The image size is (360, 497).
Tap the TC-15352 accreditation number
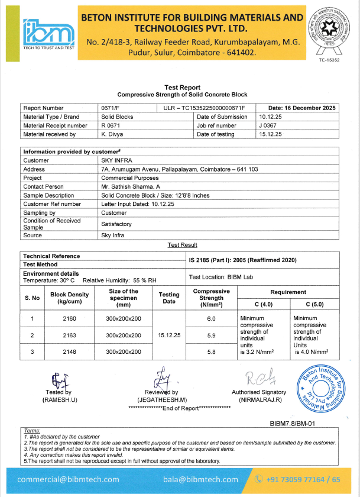click(329, 60)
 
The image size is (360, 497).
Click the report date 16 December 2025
click(301, 108)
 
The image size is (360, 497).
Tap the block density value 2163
click(69, 335)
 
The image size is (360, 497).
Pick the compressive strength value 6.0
click(211, 319)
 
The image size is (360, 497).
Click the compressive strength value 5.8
click(211, 351)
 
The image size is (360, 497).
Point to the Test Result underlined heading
click(182, 245)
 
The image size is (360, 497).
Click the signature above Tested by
click(58, 379)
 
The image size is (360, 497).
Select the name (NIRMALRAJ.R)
click(258, 400)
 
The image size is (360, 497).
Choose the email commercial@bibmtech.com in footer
click(68, 479)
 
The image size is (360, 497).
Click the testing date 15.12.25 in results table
click(169, 335)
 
